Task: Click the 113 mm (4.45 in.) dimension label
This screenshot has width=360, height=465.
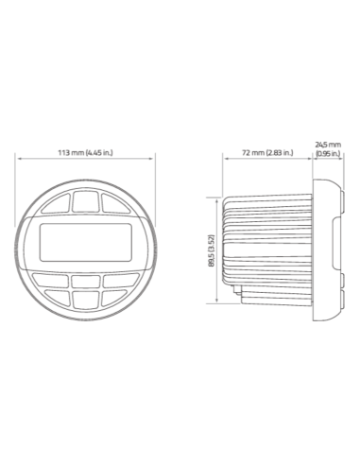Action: pos(85,153)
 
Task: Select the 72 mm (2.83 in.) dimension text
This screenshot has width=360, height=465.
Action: pos(267,153)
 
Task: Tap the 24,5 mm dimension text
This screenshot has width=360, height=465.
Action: pos(328,145)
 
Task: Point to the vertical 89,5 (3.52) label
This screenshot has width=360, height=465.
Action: pos(212,250)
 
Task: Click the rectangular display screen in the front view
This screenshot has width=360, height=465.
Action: pos(86,242)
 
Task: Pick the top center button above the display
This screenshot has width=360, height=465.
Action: pos(86,200)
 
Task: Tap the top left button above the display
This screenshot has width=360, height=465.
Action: pos(57,204)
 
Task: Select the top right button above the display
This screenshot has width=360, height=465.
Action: pos(115,204)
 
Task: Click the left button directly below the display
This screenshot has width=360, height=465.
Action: pos(50,280)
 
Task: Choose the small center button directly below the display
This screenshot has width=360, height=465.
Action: pos(86,282)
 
